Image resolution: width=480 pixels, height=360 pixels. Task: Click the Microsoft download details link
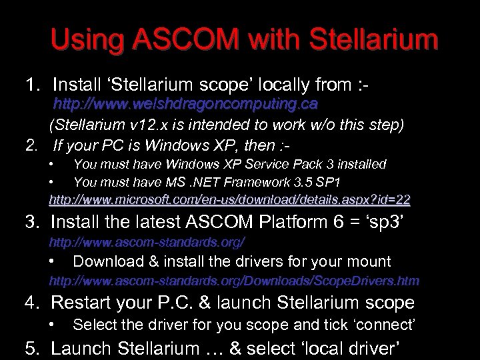(229, 199)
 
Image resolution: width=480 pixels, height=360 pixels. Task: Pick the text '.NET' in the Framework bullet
(187, 182)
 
